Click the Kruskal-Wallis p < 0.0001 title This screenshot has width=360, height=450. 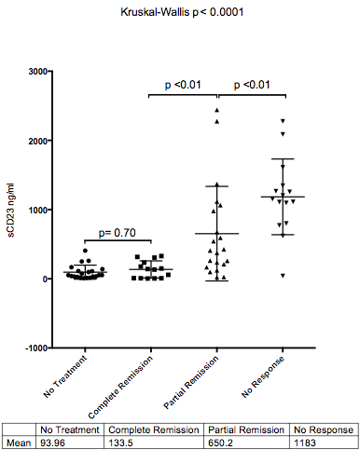coord(181,13)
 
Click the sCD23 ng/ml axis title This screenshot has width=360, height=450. coord(12,210)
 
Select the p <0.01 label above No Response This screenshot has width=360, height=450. coord(252,85)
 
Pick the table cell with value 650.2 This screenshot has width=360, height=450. coord(215,443)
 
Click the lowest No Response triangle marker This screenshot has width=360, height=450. coord(283,275)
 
